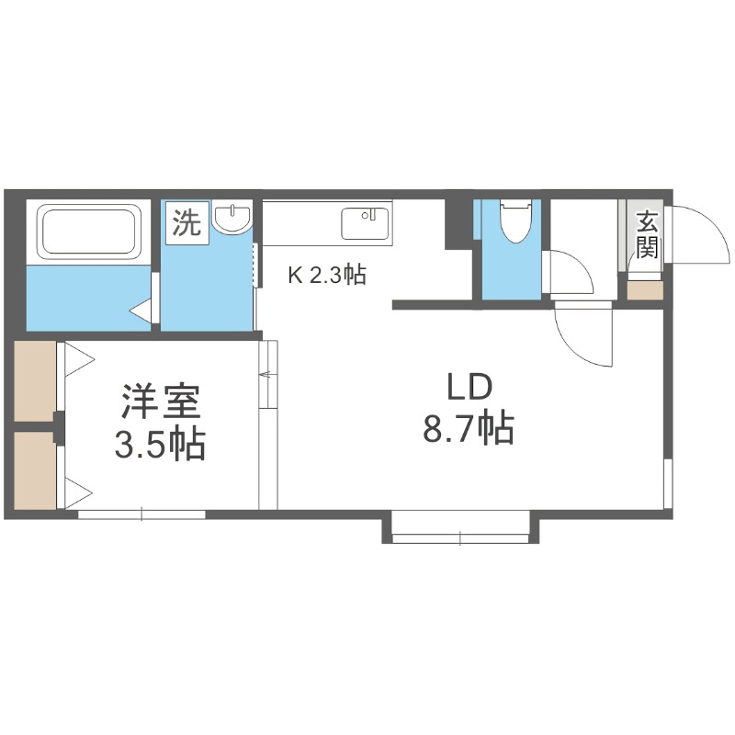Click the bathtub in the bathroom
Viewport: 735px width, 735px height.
tap(89, 233)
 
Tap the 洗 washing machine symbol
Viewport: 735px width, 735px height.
tap(187, 224)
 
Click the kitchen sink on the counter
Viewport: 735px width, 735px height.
tap(365, 223)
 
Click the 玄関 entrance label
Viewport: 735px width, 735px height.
tap(648, 233)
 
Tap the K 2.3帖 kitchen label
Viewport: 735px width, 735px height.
tap(327, 275)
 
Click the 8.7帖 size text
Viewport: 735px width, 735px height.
tap(468, 429)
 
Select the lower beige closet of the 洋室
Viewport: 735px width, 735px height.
tap(35, 470)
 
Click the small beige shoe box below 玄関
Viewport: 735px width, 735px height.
tap(645, 290)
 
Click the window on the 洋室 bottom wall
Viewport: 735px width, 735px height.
tap(141, 514)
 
